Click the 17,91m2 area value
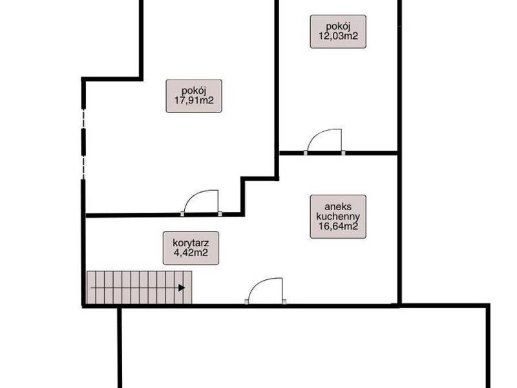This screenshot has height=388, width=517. point(194,100)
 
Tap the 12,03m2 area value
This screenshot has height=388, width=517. point(338,36)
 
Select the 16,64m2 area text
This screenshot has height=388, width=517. point(338,226)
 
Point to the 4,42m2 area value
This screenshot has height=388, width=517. point(191,253)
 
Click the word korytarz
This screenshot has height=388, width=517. point(191,244)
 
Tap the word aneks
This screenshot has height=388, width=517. point(338,207)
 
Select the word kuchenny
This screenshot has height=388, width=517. point(338,217)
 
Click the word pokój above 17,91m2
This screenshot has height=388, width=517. point(194,91)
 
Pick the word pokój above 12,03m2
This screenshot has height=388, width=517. point(338,26)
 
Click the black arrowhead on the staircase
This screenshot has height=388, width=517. point(182,288)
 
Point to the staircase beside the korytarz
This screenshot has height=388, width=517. point(139,287)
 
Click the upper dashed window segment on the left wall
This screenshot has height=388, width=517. point(84,119)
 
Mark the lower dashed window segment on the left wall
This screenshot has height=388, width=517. point(84,168)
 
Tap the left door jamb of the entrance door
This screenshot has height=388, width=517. point(246,301)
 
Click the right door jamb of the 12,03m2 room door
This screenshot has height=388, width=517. point(343,153)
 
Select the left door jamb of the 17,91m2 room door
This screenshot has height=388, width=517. point(182,213)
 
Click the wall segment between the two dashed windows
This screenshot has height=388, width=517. point(84,142)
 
